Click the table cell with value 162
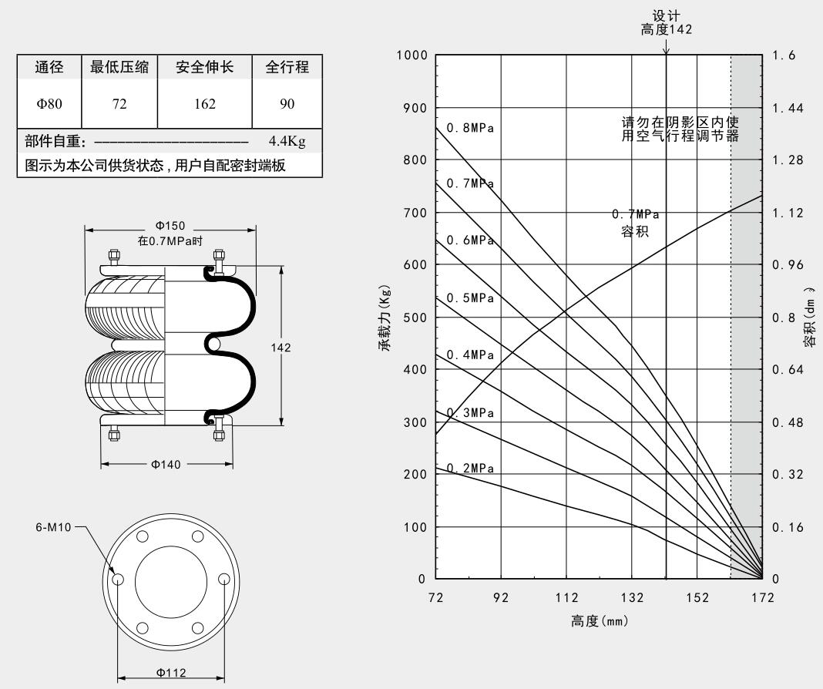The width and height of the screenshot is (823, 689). (205, 104)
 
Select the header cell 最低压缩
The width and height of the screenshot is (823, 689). (119, 68)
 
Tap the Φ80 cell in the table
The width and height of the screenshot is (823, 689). (49, 104)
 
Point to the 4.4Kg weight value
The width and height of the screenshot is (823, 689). (287, 142)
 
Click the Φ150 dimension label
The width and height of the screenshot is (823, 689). (170, 226)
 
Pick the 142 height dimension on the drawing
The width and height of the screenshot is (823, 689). (280, 348)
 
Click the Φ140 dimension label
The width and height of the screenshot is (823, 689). (166, 464)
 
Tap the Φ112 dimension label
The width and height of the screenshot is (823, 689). (170, 672)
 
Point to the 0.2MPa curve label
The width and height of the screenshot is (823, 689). (470, 469)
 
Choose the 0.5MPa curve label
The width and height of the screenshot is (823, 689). (470, 298)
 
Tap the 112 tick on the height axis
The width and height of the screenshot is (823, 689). (566, 598)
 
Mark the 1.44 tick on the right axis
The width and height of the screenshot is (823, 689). (787, 108)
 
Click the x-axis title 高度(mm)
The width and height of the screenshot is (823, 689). (600, 621)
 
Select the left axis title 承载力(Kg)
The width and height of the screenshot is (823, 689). (383, 317)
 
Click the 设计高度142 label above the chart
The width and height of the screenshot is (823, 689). (667, 24)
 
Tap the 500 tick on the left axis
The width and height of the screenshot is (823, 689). (415, 318)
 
